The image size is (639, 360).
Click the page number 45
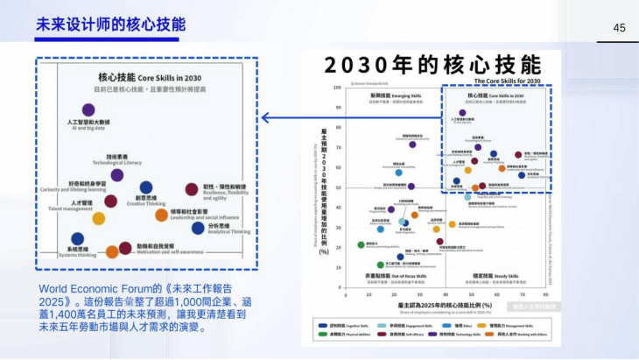point(619,28)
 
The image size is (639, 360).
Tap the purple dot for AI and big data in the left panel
point(88,109)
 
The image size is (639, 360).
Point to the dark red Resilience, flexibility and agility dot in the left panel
point(192,189)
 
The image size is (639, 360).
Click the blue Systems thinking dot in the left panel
point(78,238)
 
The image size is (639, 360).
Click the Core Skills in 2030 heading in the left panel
point(145,77)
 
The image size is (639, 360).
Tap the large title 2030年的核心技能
point(432,66)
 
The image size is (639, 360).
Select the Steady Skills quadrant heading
point(492,276)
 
